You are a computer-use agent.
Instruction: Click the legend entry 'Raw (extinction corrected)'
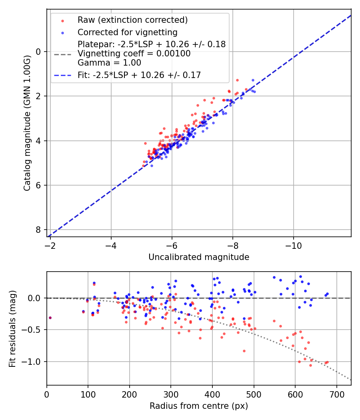pyautogui.click(x=132, y=20)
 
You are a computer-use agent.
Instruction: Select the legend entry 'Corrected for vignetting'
pyautogui.click(x=128, y=32)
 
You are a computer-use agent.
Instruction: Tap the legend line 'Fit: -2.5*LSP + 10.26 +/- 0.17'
pyautogui.click(x=139, y=75)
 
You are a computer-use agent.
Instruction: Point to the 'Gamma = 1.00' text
pyautogui.click(x=109, y=62)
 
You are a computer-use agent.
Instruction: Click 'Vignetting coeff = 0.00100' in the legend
pyautogui.click(x=134, y=53)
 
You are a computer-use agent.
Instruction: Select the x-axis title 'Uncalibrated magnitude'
pyautogui.click(x=199, y=257)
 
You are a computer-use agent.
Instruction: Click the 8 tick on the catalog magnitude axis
pyautogui.click(x=39, y=230)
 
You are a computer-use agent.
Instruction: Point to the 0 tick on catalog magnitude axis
pyautogui.click(x=39, y=52)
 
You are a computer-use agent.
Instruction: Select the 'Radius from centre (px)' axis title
pyautogui.click(x=199, y=406)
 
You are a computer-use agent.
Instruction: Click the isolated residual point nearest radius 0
pyautogui.click(x=50, y=318)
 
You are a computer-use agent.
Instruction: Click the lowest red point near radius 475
pyautogui.click(x=244, y=351)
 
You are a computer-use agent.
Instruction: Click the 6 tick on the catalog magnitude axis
pyautogui.click(x=39, y=185)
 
